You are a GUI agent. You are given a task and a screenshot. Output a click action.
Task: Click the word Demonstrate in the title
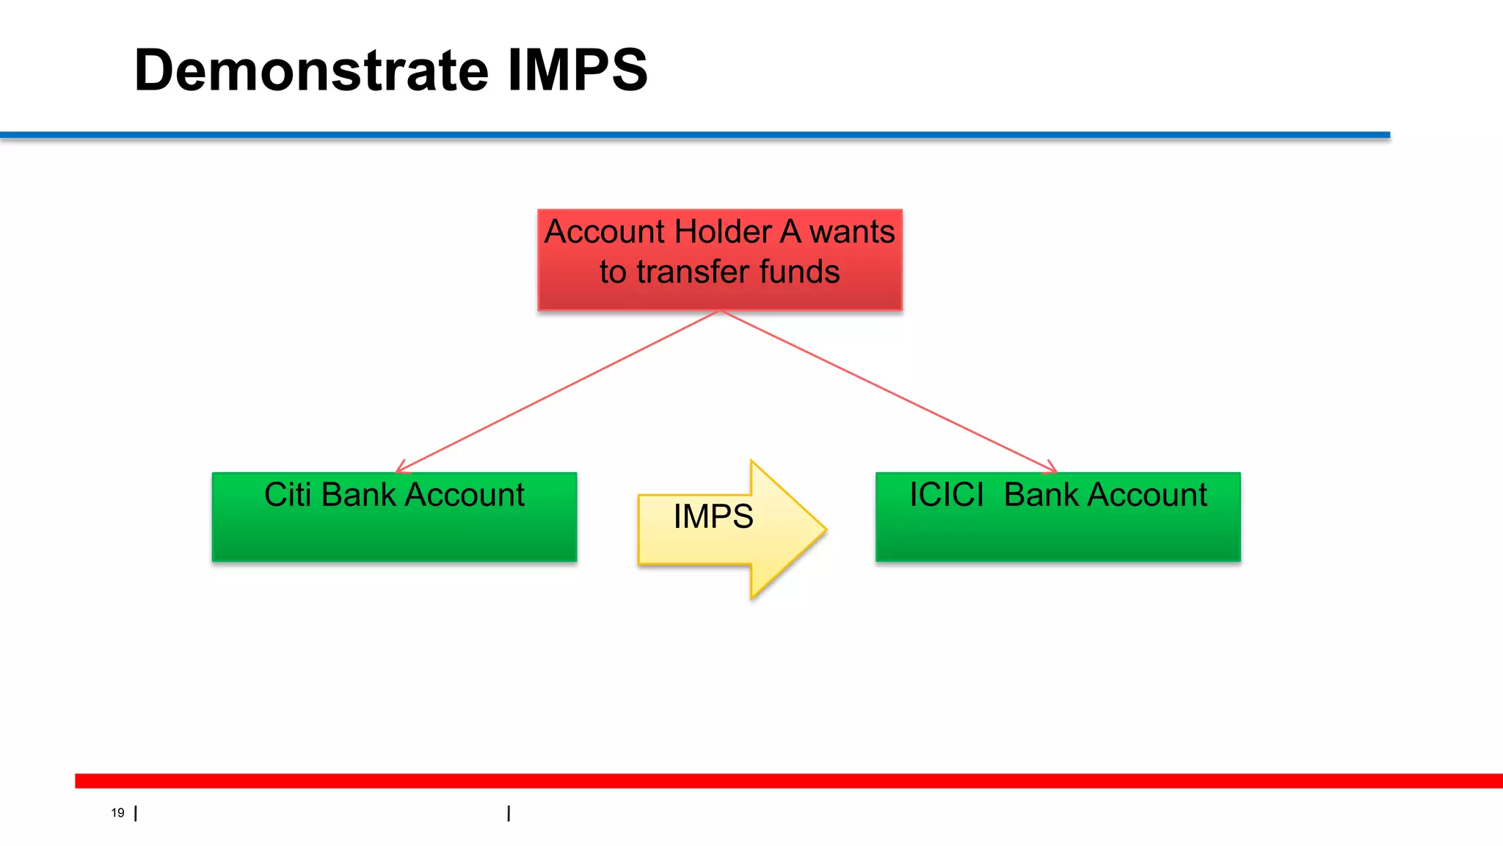pos(311,70)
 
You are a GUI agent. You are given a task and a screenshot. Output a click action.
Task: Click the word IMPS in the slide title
pos(577,70)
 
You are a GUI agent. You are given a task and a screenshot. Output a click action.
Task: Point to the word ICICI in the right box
pos(946,495)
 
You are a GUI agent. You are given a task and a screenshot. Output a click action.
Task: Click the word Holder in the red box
pos(722,232)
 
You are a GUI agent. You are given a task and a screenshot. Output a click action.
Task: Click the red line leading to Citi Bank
pos(558,391)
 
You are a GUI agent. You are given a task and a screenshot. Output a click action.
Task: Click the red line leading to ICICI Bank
pos(888,391)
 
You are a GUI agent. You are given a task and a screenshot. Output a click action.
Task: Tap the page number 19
pos(117,813)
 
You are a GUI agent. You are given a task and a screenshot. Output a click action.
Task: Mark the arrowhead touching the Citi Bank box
pos(400,469)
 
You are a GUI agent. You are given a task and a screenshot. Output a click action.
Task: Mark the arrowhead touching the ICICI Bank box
pos(1052,469)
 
